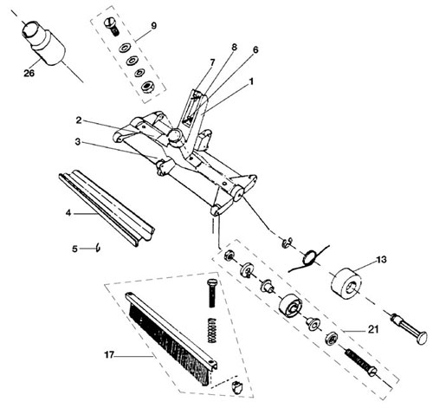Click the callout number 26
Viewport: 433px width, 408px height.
[29, 73]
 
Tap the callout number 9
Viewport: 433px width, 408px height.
[154, 26]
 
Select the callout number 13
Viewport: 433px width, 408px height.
[381, 260]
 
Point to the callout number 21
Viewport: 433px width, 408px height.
[373, 329]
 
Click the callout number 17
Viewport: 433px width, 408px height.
[109, 354]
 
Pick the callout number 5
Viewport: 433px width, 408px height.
[74, 249]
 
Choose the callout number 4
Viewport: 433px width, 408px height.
[68, 213]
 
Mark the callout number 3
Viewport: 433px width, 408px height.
[77, 142]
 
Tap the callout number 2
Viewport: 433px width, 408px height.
[79, 120]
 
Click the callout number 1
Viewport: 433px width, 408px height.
[251, 81]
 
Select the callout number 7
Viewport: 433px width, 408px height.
[213, 62]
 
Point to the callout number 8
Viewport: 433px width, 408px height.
[234, 47]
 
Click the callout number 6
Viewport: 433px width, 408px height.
[255, 50]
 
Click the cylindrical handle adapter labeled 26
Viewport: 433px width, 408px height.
[44, 44]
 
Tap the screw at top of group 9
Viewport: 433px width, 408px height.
[111, 27]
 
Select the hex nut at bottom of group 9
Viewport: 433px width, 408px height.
[147, 86]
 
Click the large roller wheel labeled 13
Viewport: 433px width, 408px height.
[346, 284]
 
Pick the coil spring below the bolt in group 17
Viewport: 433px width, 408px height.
[212, 330]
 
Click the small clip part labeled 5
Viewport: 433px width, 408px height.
[99, 248]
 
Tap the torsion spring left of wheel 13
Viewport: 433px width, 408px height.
[309, 258]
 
